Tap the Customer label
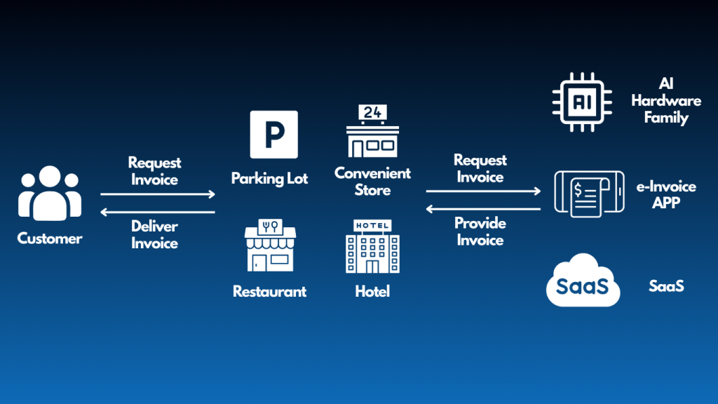click(x=50, y=238)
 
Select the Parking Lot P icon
click(x=274, y=135)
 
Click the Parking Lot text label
click(x=270, y=179)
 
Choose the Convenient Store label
click(x=373, y=182)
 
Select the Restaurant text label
click(x=270, y=291)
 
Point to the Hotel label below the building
click(x=372, y=291)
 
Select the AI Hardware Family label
click(x=666, y=101)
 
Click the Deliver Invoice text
click(x=154, y=235)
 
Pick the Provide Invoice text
click(x=480, y=231)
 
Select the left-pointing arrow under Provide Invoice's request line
click(x=484, y=208)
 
